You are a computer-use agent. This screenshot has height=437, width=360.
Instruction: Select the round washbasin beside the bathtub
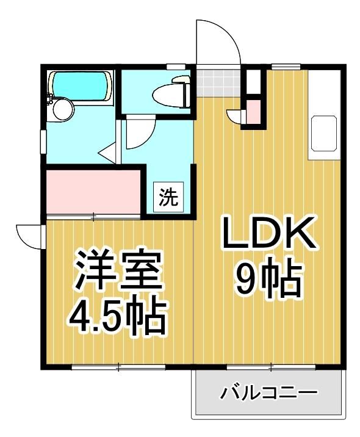63,109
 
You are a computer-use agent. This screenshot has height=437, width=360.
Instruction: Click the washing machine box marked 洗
168,197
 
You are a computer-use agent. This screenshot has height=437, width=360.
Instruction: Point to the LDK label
269,233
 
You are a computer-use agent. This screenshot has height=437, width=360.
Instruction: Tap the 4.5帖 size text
117,316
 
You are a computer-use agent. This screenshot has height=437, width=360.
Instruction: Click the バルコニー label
269,393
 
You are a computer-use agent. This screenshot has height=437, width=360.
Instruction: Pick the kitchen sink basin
324,133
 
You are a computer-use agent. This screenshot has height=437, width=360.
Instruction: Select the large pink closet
93,192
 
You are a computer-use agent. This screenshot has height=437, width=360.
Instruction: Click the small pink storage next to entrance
253,112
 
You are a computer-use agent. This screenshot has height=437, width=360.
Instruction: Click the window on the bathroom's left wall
43,142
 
